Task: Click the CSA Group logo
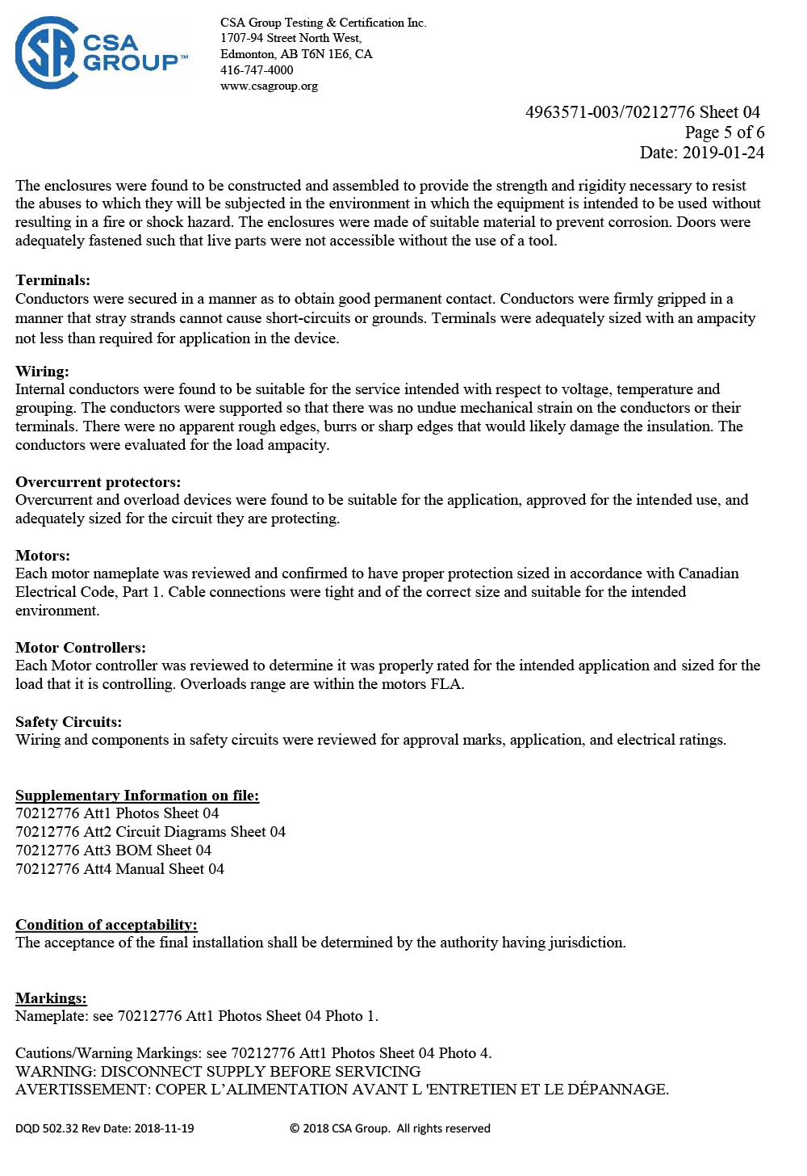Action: [101, 52]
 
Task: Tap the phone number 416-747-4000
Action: [257, 70]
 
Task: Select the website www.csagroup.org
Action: [269, 86]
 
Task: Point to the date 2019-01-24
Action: [723, 153]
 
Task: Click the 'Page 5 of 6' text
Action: [724, 132]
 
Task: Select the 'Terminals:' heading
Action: [52, 280]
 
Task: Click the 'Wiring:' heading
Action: [42, 372]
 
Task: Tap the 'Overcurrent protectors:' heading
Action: [98, 482]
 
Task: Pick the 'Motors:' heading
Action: [43, 556]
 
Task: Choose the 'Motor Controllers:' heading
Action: [81, 648]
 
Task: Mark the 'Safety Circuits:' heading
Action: [69, 722]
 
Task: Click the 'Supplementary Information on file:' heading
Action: [137, 796]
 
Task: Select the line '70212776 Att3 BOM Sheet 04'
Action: [113, 850]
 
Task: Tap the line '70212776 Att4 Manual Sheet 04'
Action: [119, 869]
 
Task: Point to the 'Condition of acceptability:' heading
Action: [106, 925]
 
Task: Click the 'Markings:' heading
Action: [51, 998]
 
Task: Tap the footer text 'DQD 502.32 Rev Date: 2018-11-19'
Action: [105, 1128]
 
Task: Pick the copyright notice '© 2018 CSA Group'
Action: [339, 1128]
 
